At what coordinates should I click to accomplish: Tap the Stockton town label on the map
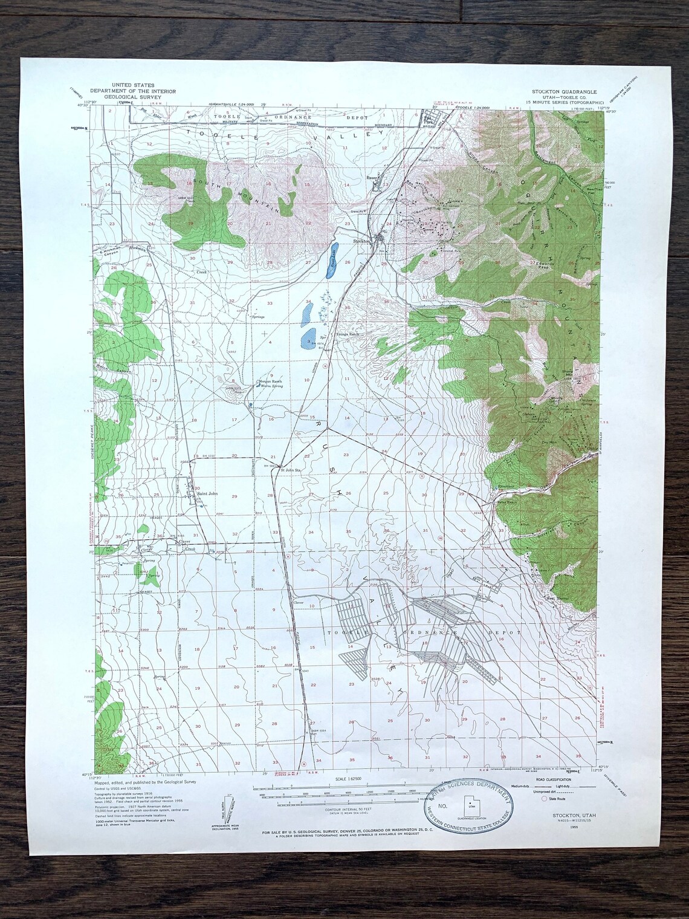pyautogui.click(x=361, y=241)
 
